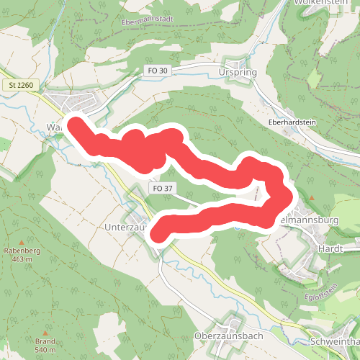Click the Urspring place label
click(236, 73)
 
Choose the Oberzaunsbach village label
click(230, 336)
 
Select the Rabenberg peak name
click(22, 251)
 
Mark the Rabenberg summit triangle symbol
click(22, 242)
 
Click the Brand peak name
click(45, 341)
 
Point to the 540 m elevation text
click(45, 350)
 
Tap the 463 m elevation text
click(22, 259)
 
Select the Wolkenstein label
click(322, 2)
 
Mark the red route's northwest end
click(74, 122)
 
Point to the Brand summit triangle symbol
click(45, 332)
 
